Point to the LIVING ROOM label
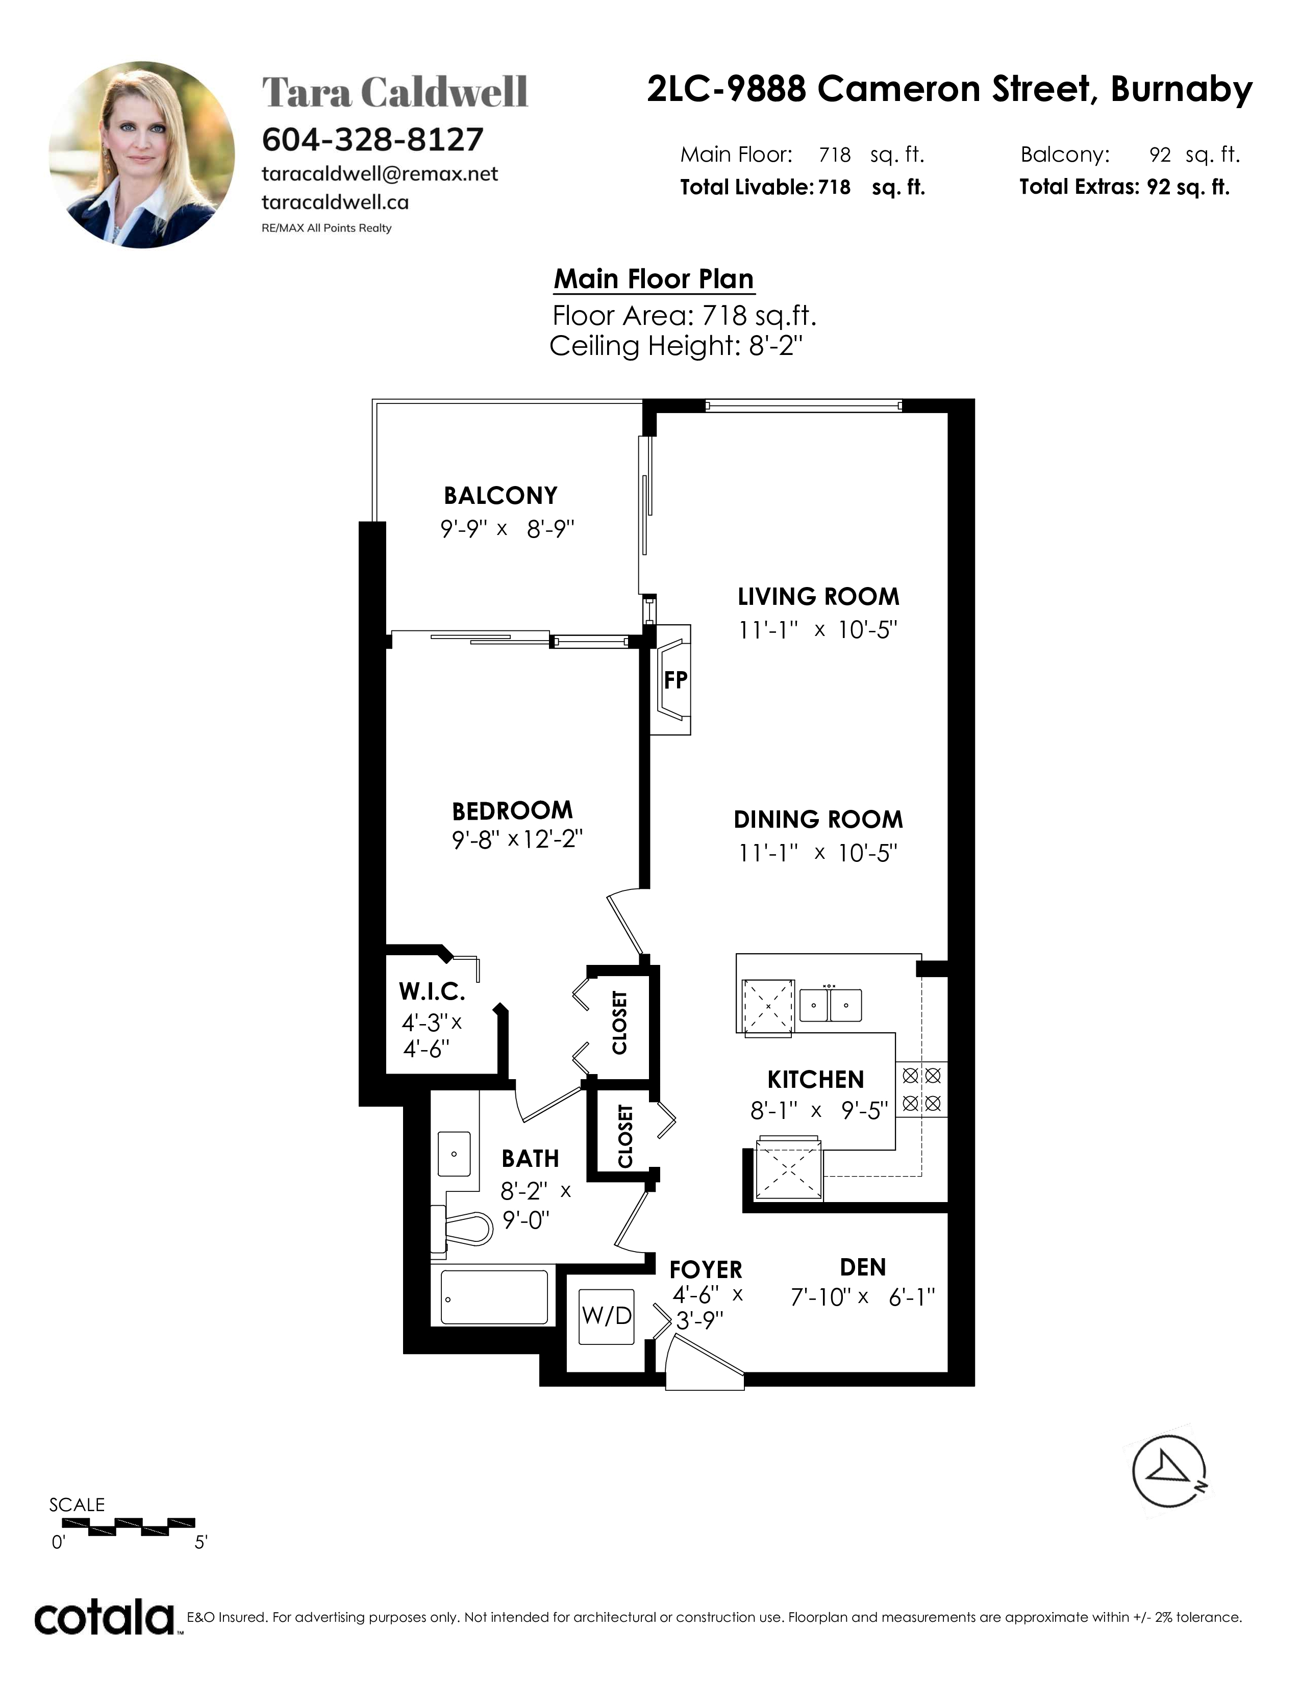coord(818,597)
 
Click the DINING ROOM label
coord(818,819)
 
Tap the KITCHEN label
coord(815,1080)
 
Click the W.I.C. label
coord(432,990)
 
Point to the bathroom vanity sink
coord(454,1154)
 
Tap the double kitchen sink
coord(830,1005)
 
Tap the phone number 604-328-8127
coord(373,139)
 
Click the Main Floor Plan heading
coord(654,279)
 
